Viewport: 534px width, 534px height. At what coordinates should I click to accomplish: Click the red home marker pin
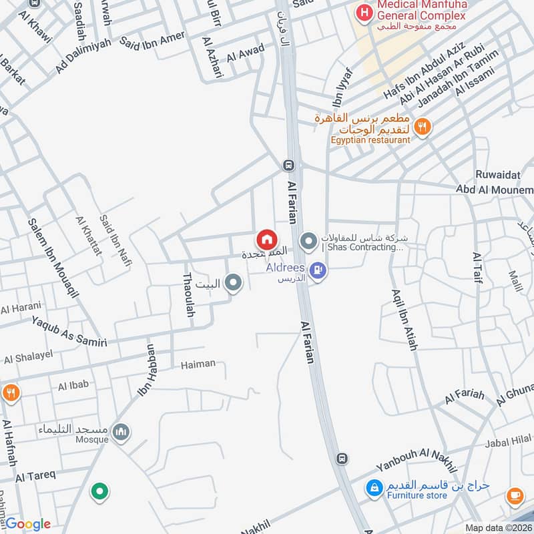[266, 239]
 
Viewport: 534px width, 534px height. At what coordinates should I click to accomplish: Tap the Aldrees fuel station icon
[318, 270]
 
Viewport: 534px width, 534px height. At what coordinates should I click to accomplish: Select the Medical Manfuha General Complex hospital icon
[364, 12]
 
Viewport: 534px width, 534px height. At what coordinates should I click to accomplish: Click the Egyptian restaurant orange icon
[422, 125]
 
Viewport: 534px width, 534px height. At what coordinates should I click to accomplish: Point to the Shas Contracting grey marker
[308, 240]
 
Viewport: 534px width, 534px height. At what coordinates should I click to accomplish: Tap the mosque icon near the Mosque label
[121, 432]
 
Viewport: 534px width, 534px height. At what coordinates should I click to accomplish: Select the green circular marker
[99, 493]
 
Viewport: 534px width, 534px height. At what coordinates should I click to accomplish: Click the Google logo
[27, 524]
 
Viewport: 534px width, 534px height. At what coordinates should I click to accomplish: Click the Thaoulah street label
[188, 294]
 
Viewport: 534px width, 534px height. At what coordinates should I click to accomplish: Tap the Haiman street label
[198, 364]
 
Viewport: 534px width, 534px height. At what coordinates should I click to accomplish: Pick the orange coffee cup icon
[515, 495]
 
